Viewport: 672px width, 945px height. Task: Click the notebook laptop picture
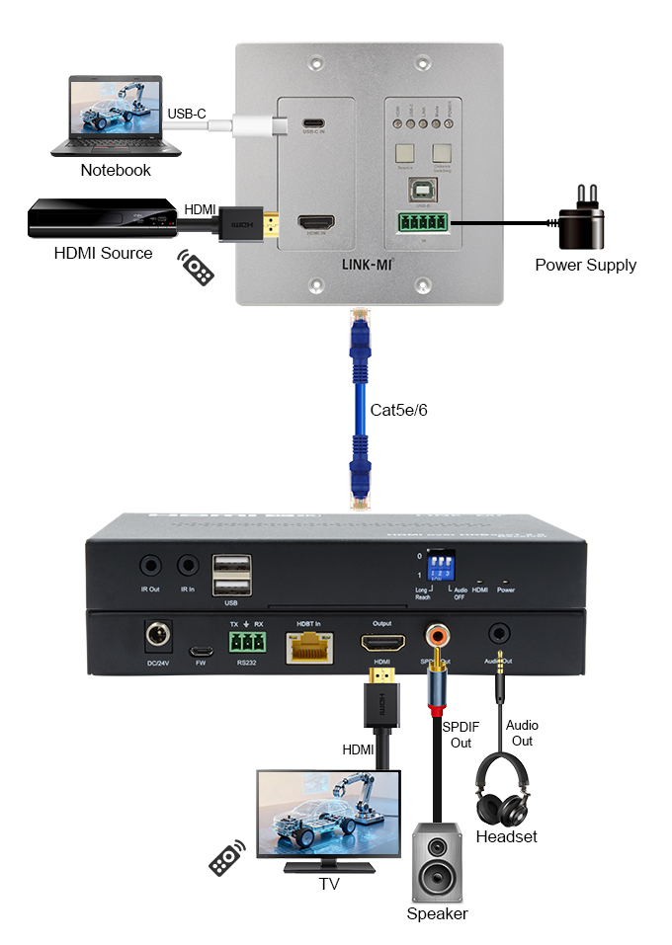click(x=116, y=116)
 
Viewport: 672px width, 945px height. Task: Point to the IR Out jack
click(x=150, y=566)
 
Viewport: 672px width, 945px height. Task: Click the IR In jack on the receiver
click(x=188, y=566)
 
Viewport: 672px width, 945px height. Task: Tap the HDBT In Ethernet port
click(x=308, y=647)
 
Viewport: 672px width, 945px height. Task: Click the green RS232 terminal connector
click(x=245, y=643)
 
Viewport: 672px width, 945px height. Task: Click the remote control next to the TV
click(x=227, y=857)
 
